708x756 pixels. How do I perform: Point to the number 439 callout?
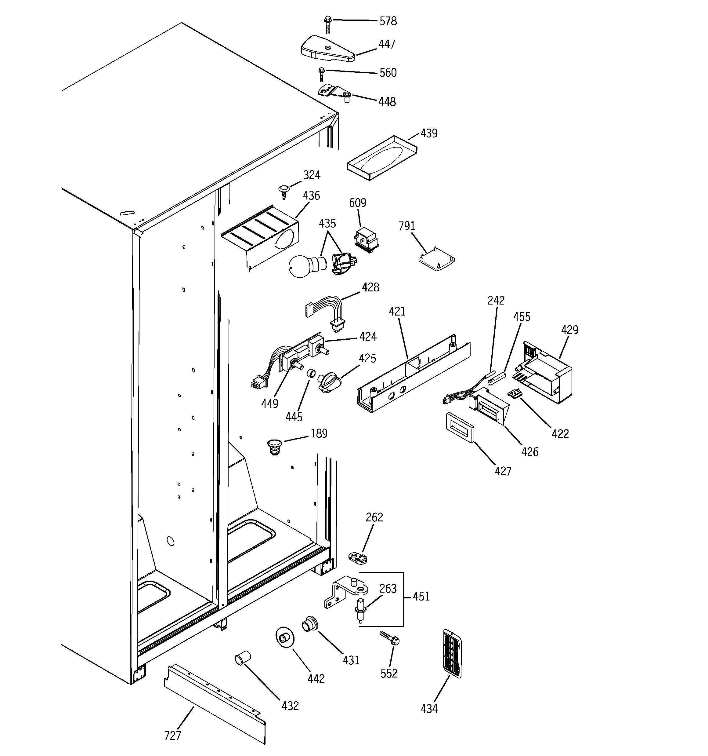pos(429,133)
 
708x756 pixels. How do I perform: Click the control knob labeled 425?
pos(327,382)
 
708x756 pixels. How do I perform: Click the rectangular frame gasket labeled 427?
pos(460,427)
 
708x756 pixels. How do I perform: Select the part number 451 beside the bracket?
pos(421,596)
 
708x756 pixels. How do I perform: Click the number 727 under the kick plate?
pos(172,736)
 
